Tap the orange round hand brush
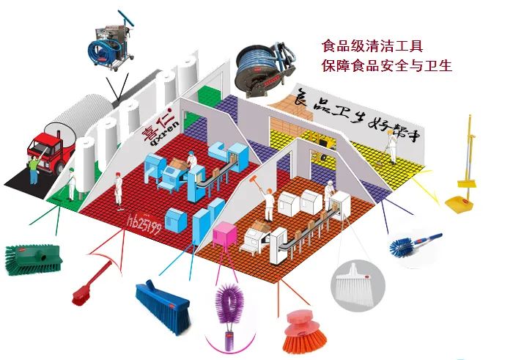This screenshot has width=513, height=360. (303, 331)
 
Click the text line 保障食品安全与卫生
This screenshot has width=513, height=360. (386, 66)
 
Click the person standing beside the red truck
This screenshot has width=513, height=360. (33, 170)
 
